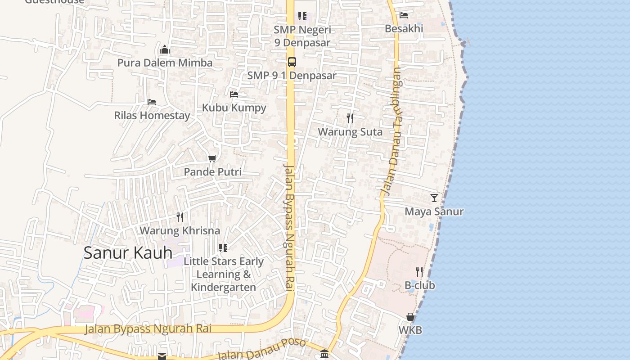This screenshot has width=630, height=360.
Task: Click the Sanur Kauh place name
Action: (128, 253)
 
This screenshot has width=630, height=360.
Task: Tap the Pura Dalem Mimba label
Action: (165, 63)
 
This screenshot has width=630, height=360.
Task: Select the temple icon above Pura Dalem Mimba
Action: (165, 49)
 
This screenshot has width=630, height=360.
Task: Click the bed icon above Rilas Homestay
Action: (152, 102)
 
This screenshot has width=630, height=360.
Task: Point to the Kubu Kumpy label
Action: (234, 108)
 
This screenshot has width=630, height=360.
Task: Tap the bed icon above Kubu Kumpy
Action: (234, 94)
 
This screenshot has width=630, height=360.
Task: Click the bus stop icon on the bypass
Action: (292, 62)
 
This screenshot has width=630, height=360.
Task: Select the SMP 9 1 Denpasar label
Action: (292, 76)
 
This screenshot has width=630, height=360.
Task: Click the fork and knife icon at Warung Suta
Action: (350, 118)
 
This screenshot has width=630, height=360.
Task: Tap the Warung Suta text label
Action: (350, 132)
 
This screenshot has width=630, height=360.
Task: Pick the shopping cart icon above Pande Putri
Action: (212, 158)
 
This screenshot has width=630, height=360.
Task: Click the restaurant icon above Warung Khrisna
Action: (180, 217)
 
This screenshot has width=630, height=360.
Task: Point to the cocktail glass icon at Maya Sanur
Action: (434, 198)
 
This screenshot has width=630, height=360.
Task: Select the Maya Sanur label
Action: (434, 211)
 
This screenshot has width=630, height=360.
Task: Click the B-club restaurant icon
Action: (419, 272)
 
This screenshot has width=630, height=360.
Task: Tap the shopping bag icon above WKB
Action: (410, 317)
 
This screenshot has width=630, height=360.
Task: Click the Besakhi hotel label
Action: (404, 28)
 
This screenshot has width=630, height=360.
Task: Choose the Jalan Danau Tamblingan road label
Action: (392, 130)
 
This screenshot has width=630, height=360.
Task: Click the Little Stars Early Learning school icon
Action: (223, 248)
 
